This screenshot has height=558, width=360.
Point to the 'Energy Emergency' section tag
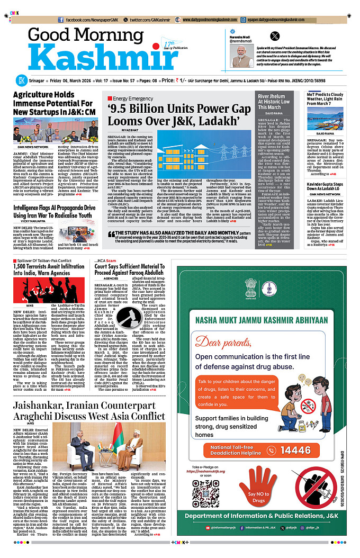point(132,98)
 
